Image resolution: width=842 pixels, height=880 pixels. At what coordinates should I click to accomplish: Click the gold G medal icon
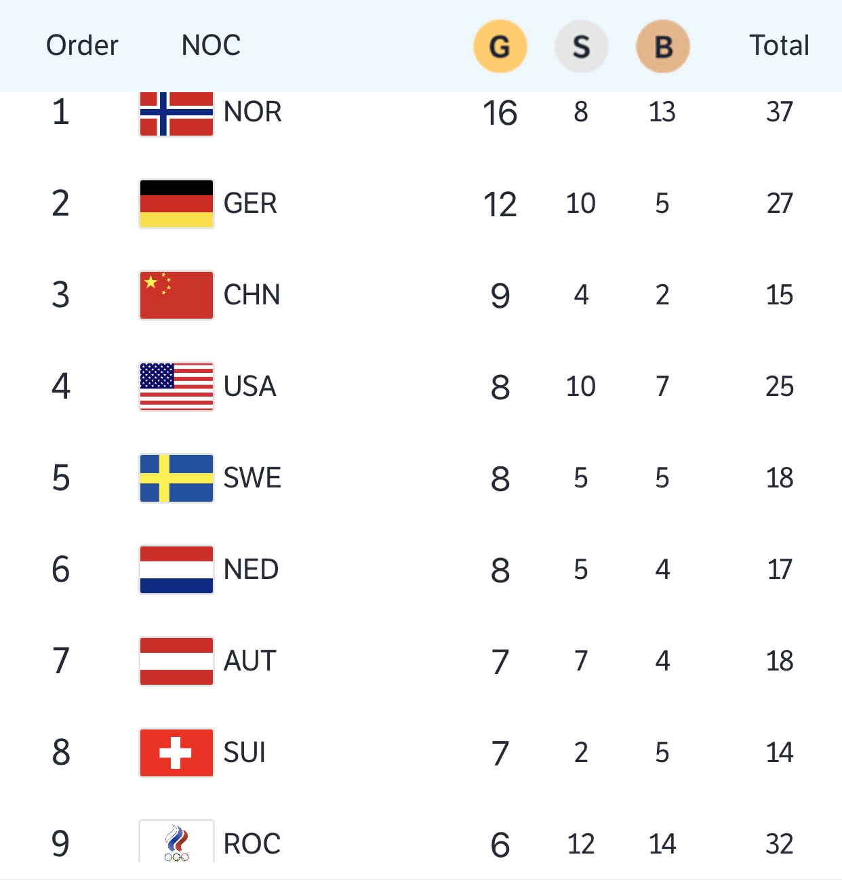(x=500, y=46)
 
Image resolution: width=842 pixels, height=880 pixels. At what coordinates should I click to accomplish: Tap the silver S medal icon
(x=581, y=46)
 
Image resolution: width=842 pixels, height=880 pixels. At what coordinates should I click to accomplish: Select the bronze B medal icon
(x=662, y=46)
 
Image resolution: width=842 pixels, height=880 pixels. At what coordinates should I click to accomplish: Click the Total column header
(x=779, y=45)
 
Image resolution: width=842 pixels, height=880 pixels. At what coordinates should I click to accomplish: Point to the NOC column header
(x=211, y=45)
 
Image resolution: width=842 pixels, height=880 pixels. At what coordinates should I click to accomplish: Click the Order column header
(x=82, y=45)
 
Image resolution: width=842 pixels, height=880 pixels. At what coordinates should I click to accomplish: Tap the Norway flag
(x=176, y=113)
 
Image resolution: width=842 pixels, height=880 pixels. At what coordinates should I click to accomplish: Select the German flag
(x=176, y=203)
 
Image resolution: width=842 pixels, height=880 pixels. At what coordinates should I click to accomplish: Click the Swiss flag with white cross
(x=176, y=753)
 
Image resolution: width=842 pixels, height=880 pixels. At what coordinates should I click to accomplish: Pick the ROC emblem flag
(x=176, y=842)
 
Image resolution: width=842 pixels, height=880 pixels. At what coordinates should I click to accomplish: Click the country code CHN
(x=252, y=295)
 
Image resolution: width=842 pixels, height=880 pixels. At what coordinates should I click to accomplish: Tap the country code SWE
(x=252, y=478)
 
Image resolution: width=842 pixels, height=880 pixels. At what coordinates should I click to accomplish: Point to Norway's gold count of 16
(x=500, y=113)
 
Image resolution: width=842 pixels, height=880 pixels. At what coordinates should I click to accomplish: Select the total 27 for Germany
(x=780, y=203)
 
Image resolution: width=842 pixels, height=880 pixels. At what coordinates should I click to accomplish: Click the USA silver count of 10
(x=581, y=386)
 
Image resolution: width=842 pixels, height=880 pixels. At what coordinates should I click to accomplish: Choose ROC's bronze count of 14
(x=662, y=844)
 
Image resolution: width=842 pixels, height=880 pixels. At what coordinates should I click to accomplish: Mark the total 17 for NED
(x=780, y=569)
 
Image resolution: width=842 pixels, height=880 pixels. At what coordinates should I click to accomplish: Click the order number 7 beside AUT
(x=61, y=661)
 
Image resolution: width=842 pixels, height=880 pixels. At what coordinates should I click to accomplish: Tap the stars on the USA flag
(x=157, y=376)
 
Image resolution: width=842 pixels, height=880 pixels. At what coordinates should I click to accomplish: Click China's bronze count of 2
(x=662, y=295)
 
